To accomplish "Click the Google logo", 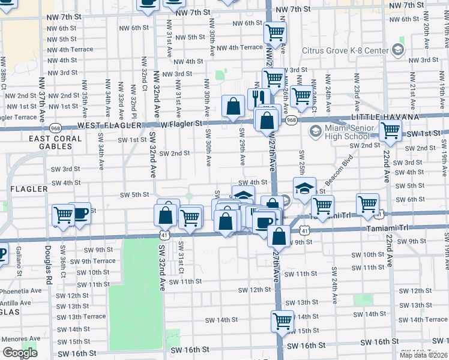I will click(20, 353).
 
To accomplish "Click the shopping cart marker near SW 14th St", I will click(282, 321).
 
